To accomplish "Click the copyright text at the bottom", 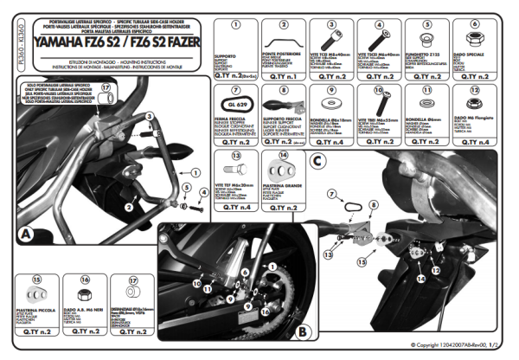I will tap(453, 344).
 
